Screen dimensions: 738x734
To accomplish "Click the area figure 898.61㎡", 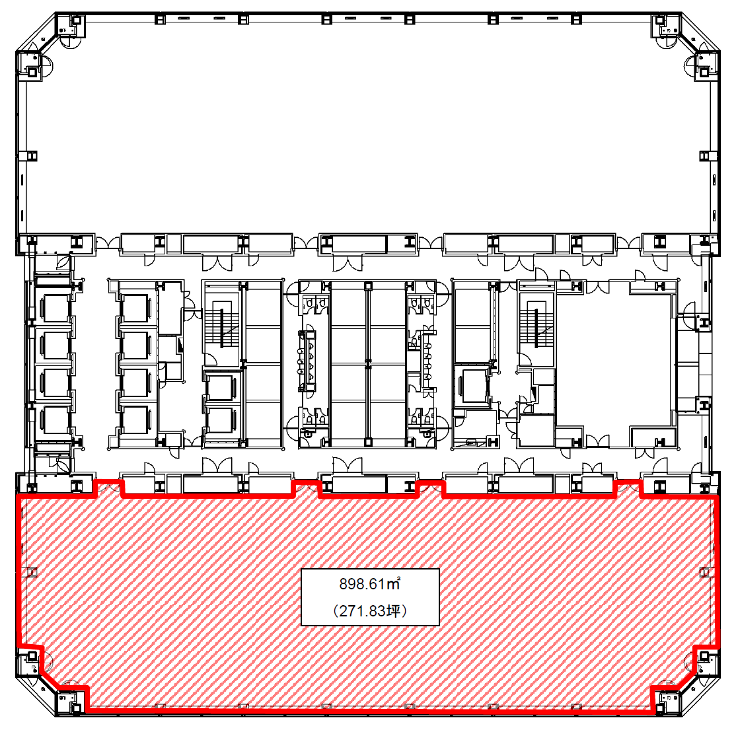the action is (x=370, y=584).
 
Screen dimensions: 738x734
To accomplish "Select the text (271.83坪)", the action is (x=370, y=610).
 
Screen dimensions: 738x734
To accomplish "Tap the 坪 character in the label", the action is (x=394, y=610).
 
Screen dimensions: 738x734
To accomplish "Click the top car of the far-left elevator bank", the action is (x=55, y=308).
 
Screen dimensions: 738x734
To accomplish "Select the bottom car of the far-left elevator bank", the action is (x=55, y=420).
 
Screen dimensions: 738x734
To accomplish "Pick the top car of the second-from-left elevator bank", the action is (x=135, y=308).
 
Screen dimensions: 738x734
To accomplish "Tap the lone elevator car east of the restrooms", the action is (x=474, y=386).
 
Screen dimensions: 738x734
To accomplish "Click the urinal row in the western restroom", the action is (x=307, y=361).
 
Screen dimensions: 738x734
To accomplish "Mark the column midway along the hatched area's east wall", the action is (x=706, y=572).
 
